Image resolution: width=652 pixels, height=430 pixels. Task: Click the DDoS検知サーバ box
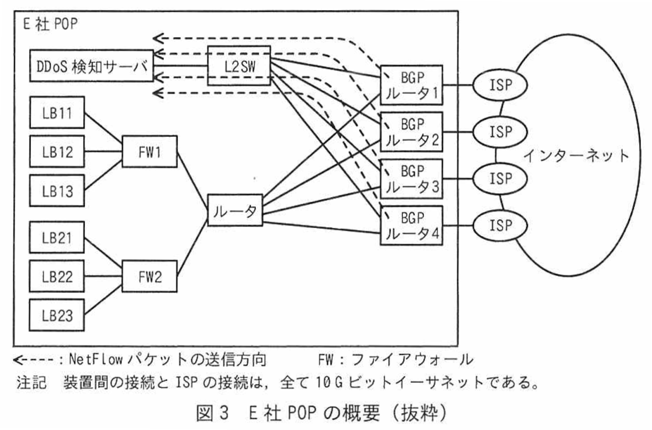[92, 66]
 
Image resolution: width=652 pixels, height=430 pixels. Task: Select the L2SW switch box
[239, 66]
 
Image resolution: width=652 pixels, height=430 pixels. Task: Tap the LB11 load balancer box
[57, 113]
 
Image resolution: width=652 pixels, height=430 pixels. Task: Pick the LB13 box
[57, 191]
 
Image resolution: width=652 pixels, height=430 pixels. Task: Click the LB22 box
[57, 276]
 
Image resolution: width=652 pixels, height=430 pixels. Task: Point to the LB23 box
[57, 315]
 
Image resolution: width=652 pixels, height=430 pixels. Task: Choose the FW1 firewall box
[150, 151]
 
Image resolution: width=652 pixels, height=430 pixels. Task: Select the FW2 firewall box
[150, 276]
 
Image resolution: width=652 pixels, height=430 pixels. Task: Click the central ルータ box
[235, 210]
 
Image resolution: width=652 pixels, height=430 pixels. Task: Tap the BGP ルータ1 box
[412, 85]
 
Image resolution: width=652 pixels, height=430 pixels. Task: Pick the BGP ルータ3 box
[412, 179]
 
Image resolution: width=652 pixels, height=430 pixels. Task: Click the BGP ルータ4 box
[412, 225]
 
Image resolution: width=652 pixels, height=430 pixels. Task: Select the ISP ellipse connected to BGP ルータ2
[500, 132]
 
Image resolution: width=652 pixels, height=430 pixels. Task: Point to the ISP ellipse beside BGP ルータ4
[500, 225]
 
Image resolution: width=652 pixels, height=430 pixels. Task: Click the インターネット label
[576, 156]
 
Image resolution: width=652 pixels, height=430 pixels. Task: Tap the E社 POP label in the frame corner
[50, 24]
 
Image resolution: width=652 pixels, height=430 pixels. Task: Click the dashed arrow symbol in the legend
[34, 360]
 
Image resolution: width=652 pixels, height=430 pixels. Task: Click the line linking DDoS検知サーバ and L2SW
[180, 66]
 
